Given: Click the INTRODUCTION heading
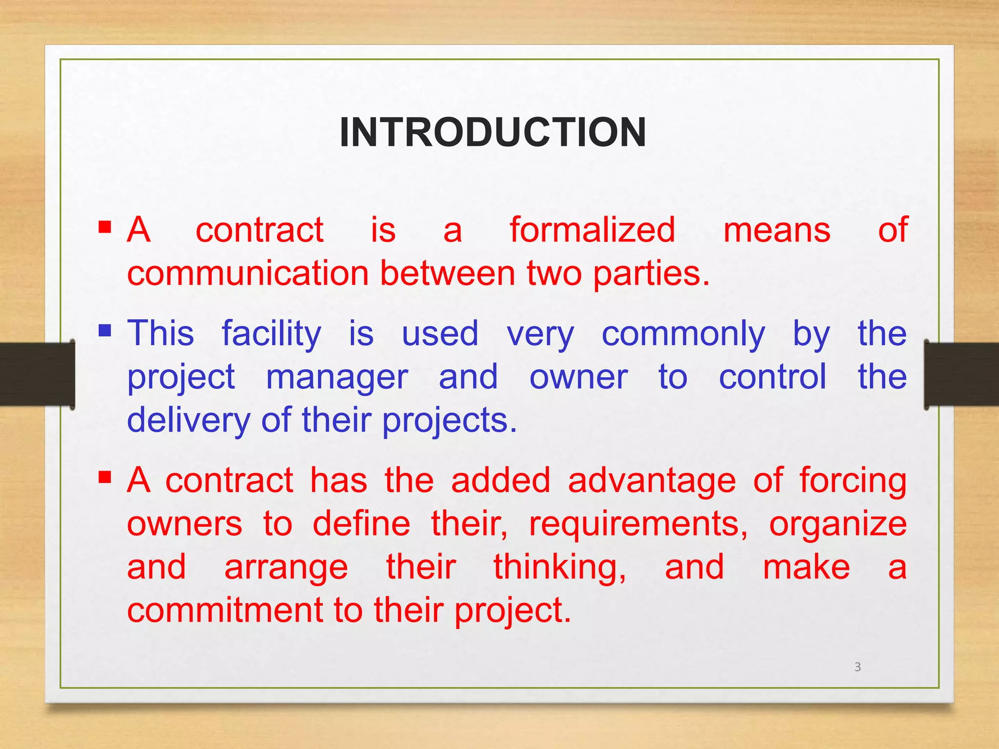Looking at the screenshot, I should coord(493,133).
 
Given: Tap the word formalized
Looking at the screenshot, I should coord(592,230).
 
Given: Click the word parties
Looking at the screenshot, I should coord(651,274).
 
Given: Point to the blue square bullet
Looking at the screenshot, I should coord(105,331).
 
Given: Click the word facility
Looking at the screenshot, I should coord(271,334).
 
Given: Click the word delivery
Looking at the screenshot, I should coord(188,421).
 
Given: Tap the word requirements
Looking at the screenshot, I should coord(638,525).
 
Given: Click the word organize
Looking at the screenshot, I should coord(838,525).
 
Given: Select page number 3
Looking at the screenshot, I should coord(858,667).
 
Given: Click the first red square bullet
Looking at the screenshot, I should coord(105,227).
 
